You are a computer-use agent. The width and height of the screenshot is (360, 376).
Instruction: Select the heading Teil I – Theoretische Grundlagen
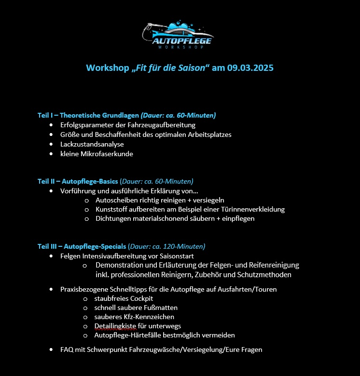(x=88, y=115)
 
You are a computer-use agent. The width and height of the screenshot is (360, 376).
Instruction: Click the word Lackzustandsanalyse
(x=92, y=144)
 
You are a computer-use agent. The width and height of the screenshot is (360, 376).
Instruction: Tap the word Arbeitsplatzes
(x=208, y=134)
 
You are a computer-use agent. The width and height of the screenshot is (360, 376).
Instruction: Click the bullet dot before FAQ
(x=51, y=349)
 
